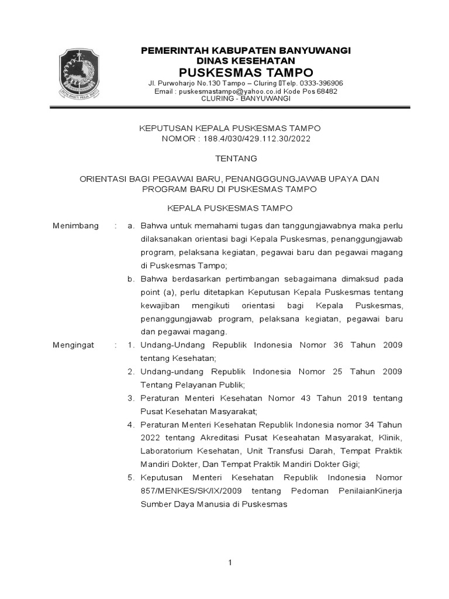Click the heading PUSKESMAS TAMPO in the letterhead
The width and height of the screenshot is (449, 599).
[x=246, y=73]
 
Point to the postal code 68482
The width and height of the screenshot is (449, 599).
[x=325, y=91]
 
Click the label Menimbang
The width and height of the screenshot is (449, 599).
[x=75, y=226]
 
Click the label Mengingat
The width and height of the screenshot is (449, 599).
[x=73, y=345]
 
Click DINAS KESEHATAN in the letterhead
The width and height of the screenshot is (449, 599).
[x=246, y=61]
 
